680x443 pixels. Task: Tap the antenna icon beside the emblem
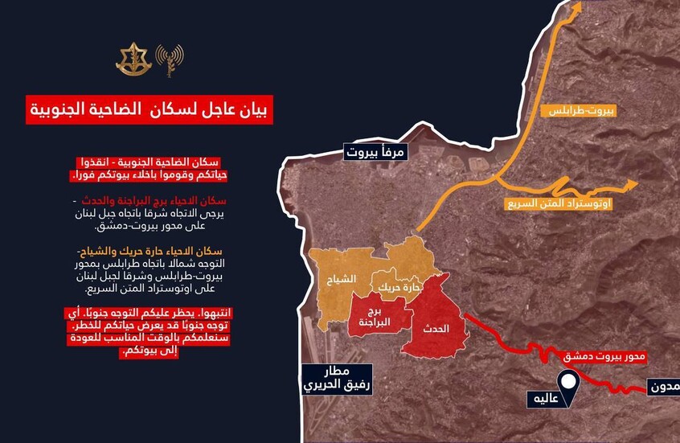[170, 59]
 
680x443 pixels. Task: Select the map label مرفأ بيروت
[373, 151]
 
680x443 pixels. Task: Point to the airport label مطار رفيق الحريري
[337, 377]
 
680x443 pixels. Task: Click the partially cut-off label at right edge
[664, 387]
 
